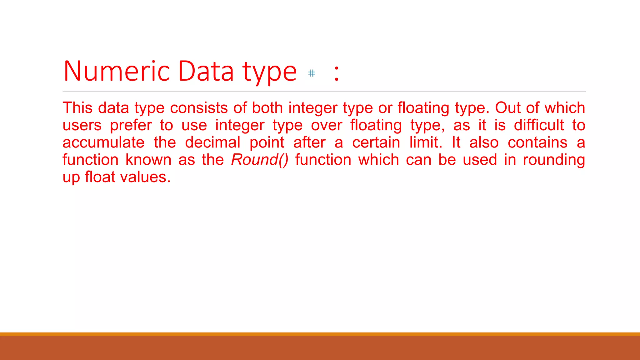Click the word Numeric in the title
point(117,71)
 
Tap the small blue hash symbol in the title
point(312,73)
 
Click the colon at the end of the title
point(336,73)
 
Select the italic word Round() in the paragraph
point(260,160)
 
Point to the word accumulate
point(103,142)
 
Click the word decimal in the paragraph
point(212,142)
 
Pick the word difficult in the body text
point(539,125)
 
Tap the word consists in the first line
point(199,108)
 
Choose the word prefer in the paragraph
point(131,126)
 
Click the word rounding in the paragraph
point(554,160)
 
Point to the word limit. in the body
point(426,142)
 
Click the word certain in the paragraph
point(376,142)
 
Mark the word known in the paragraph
point(148,160)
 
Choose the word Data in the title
point(206,71)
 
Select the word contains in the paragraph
point(537,142)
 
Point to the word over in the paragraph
point(327,125)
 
